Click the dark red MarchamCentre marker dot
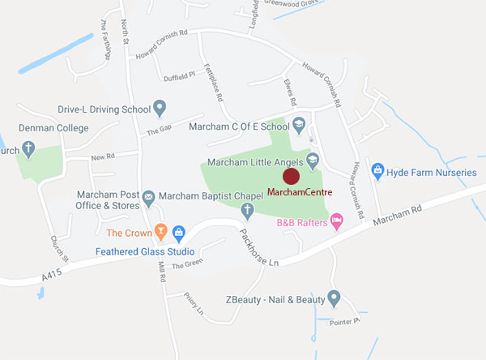pos(291,176)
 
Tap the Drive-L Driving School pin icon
pos(160,107)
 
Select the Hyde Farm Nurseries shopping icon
pos(377,170)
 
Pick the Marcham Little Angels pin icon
pos(313,160)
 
